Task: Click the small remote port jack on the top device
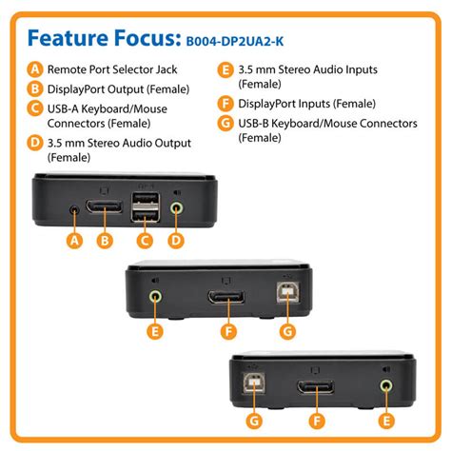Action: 74,206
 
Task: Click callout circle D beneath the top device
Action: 176,241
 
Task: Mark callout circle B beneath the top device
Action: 104,241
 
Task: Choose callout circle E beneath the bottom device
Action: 385,420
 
